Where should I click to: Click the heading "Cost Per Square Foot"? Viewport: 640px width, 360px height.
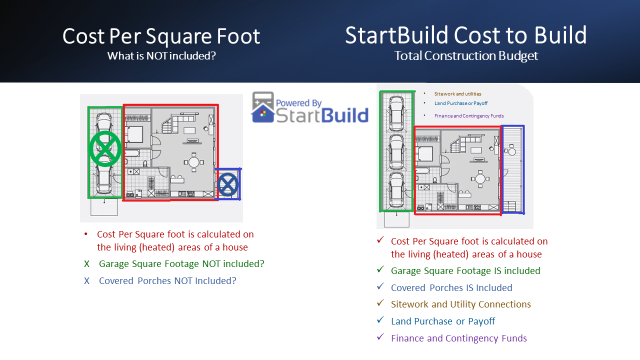point(161,36)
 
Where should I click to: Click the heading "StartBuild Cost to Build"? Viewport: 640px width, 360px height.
point(465,35)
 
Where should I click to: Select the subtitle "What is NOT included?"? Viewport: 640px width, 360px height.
point(161,55)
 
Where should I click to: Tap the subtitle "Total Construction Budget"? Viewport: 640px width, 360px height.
point(465,55)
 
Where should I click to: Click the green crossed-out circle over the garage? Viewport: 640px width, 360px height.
point(104,149)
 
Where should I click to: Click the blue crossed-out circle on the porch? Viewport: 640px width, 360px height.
point(228,184)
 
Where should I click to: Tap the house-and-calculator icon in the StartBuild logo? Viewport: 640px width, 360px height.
point(263,107)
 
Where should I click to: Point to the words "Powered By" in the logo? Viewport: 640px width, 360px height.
point(299,103)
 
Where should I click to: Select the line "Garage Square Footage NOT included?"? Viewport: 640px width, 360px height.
point(181,263)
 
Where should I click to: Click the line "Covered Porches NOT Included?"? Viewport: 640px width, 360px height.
point(167,280)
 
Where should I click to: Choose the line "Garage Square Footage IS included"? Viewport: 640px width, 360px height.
point(465,270)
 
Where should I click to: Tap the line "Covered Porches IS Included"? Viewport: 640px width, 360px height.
point(451,287)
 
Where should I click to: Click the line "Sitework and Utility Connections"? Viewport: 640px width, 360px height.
point(460,304)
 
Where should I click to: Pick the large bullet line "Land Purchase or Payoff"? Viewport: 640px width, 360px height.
point(442,321)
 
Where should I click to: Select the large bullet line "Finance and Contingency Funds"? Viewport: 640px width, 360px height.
point(458,338)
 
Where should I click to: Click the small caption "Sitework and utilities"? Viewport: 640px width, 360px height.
point(457,93)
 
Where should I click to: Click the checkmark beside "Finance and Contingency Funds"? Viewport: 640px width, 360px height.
point(380,337)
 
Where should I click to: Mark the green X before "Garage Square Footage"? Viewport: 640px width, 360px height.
point(87,263)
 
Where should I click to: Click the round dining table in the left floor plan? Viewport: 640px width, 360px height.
point(193,162)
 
